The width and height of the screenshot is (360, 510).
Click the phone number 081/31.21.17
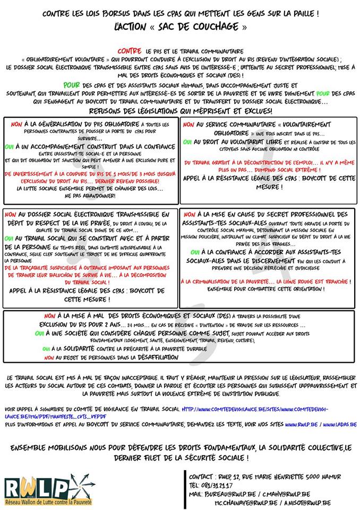click(218, 485)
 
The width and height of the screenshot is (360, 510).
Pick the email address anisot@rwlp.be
click(308, 502)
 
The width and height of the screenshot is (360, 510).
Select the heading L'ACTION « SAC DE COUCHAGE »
click(180, 27)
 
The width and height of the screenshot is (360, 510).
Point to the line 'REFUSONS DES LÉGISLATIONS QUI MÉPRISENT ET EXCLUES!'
click(181, 110)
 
